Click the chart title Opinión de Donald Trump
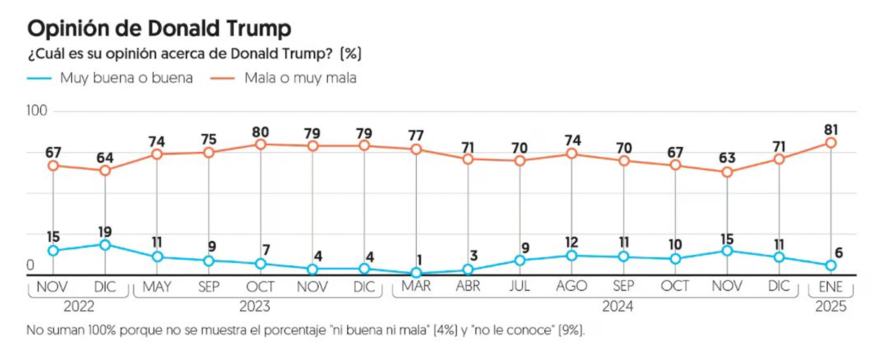pyautogui.click(x=159, y=29)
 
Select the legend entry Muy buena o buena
pyautogui.click(x=126, y=78)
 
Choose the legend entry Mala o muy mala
pyautogui.click(x=300, y=78)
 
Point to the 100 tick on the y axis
pyautogui.click(x=37, y=111)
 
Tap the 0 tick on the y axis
pyautogui.click(x=30, y=265)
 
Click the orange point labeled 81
pyautogui.click(x=830, y=143)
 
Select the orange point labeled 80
pyautogui.click(x=261, y=144)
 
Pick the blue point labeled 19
pyautogui.click(x=105, y=245)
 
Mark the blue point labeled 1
pyautogui.click(x=416, y=272)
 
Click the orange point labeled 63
pyautogui.click(x=727, y=172)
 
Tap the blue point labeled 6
pyautogui.click(x=830, y=265)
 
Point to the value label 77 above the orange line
pyautogui.click(x=416, y=135)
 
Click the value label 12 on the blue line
pyautogui.click(x=572, y=243)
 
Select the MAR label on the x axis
pyautogui.click(x=416, y=286)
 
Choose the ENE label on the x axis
pyautogui.click(x=830, y=287)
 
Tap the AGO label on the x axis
pyautogui.click(x=572, y=286)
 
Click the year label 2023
pyautogui.click(x=255, y=306)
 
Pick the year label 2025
pyautogui.click(x=830, y=306)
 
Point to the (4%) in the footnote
pyautogui.click(x=445, y=331)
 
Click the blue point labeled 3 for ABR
pyautogui.click(x=468, y=269)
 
